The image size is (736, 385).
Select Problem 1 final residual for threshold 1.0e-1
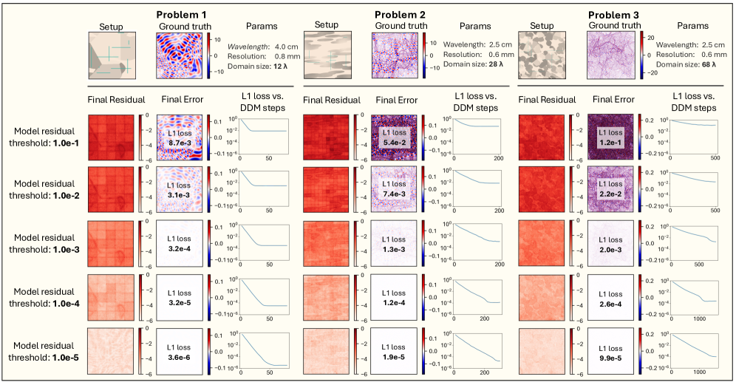(111, 136)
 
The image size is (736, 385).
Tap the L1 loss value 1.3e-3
(395, 247)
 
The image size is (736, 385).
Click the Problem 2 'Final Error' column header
(397, 100)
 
